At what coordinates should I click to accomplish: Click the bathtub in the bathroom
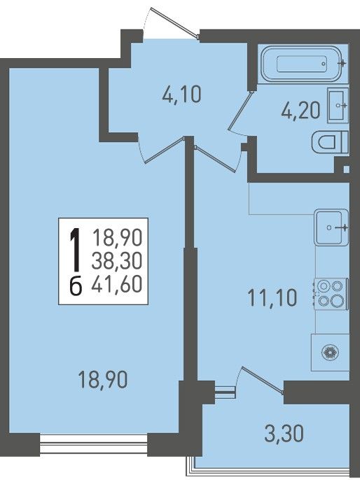coord(301,64)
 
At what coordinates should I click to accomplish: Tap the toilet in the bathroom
coord(330,143)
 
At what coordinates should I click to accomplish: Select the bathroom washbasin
coord(338,105)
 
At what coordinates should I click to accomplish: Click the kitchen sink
coord(331,227)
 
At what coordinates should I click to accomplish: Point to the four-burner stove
coord(331,294)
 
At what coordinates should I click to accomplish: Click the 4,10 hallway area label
coord(181,94)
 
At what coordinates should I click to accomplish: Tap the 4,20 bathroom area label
coord(300,111)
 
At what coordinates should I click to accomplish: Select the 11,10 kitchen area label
coord(272,298)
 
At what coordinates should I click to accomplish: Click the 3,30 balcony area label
coord(284,434)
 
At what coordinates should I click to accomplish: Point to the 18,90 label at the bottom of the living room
coord(103,379)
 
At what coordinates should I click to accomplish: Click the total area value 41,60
coord(117,284)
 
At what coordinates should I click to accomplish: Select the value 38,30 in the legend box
coord(117,261)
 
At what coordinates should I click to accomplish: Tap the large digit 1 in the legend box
coord(76,249)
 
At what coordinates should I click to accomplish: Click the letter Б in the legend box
coord(76,287)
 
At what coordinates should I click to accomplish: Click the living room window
coord(94,444)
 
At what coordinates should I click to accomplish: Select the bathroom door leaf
coord(242,110)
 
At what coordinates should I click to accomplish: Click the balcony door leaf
coord(262,379)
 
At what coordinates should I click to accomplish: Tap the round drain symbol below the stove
coord(331,353)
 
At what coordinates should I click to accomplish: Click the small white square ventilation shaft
coord(347,169)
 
